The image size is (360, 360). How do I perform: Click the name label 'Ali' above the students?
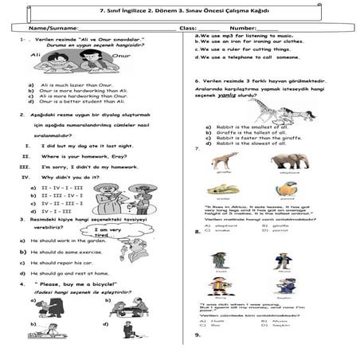[x=34, y=57]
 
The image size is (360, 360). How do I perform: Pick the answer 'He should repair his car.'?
[x=66, y=262]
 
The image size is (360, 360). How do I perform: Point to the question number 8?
[x=197, y=232]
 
